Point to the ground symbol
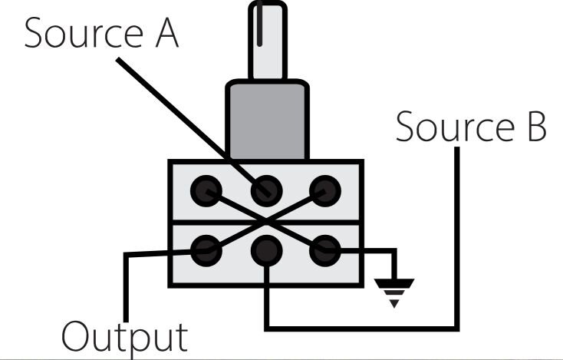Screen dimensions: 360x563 393,287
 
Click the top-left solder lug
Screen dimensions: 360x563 206,189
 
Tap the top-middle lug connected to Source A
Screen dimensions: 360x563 265,189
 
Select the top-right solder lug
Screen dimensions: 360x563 324,189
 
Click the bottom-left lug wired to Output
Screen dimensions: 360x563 206,247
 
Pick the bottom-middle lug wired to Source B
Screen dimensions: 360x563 265,247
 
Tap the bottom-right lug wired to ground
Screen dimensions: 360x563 324,247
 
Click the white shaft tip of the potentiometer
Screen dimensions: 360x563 266,38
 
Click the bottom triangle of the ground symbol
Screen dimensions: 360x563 393,302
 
